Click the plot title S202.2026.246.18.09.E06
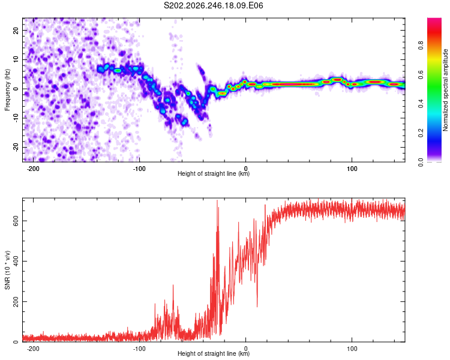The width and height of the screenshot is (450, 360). pyautogui.click(x=213, y=5)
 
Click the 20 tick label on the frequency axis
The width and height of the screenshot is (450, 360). pyautogui.click(x=16, y=30)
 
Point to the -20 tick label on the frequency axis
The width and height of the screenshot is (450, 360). pyautogui.click(x=16, y=147)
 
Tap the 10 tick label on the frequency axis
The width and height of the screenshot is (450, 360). pyautogui.click(x=16, y=59)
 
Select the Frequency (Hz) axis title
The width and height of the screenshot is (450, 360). pyautogui.click(x=7, y=90)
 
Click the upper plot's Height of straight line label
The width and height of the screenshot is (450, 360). pyautogui.click(x=214, y=173)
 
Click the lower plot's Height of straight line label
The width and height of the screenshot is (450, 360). pyautogui.click(x=214, y=353)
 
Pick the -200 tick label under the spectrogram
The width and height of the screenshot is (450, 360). pyautogui.click(x=33, y=169)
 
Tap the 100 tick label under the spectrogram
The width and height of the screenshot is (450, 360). pyautogui.click(x=352, y=169)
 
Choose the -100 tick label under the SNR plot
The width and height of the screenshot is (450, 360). pyautogui.click(x=139, y=349)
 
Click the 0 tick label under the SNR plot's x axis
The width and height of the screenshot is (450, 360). pyautogui.click(x=245, y=349)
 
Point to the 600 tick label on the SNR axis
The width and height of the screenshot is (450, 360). pyautogui.click(x=16, y=221)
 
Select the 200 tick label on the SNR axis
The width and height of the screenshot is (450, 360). pyautogui.click(x=16, y=301)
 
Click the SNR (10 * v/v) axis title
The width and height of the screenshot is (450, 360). pyautogui.click(x=7, y=270)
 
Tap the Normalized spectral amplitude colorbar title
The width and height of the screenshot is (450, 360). pyautogui.click(x=445, y=90)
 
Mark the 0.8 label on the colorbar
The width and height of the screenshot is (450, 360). pyautogui.click(x=421, y=46)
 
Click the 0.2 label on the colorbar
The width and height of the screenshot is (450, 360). pyautogui.click(x=421, y=133)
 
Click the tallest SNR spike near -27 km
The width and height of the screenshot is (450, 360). pyautogui.click(x=217, y=200)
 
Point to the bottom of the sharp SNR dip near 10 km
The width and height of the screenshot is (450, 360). pyautogui.click(x=257, y=307)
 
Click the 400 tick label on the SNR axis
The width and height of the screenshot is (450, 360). pyautogui.click(x=16, y=261)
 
